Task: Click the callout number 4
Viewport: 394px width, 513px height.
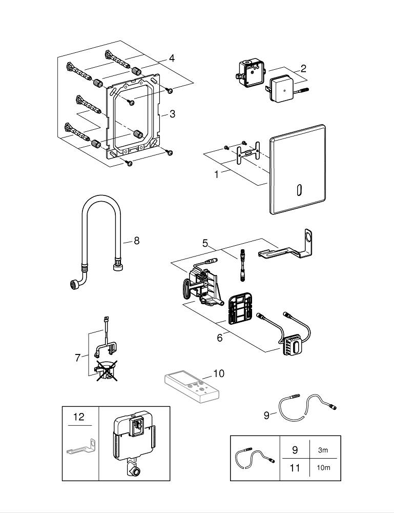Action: [x=172, y=58]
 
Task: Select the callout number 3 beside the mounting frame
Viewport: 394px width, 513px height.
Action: [x=172, y=114]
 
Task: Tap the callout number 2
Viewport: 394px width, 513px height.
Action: [x=303, y=68]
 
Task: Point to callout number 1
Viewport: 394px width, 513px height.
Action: [x=217, y=174]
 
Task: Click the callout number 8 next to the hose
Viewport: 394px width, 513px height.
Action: [x=136, y=240]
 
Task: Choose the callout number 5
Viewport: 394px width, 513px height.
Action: [x=205, y=243]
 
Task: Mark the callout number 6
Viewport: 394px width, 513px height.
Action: [x=219, y=338]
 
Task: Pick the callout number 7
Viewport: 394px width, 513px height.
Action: [x=78, y=358]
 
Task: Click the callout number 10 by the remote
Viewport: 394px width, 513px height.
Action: [x=219, y=373]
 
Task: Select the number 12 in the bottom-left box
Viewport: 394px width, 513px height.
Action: [x=78, y=417]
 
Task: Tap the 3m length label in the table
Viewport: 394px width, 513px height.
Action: [x=323, y=450]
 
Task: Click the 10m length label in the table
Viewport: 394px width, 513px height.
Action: [x=323, y=467]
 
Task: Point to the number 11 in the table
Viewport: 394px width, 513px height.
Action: [x=295, y=467]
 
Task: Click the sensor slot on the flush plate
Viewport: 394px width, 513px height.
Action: [x=298, y=190]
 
